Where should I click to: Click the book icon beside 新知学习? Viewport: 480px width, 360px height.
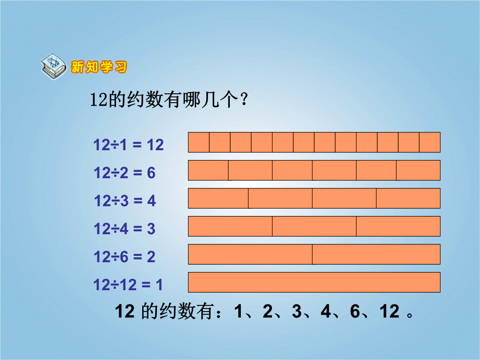(54, 66)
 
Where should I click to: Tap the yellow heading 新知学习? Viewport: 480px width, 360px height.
(99, 67)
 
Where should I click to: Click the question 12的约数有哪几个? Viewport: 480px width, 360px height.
(169, 100)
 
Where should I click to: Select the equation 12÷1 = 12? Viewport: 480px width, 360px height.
(128, 145)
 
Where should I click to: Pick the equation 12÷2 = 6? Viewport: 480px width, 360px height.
(124, 173)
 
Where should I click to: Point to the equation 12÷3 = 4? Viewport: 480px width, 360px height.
(125, 201)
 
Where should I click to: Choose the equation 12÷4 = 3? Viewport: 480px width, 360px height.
(124, 229)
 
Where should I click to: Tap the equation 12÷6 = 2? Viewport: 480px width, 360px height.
(124, 257)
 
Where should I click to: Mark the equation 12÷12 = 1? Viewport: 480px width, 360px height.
(128, 285)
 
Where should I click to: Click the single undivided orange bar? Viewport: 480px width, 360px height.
(314, 282)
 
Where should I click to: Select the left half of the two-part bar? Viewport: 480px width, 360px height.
(250, 254)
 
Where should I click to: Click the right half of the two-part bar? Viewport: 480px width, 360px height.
(376, 254)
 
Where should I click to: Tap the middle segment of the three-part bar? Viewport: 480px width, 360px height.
(314, 226)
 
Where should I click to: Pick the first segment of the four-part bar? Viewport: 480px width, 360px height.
(218, 198)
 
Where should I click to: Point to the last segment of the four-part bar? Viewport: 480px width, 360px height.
(408, 198)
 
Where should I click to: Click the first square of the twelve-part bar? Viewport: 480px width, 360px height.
(199, 142)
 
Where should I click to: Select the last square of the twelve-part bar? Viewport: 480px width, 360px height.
(430, 142)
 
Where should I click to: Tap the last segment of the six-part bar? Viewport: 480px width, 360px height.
(419, 170)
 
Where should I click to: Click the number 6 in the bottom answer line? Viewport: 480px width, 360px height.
(355, 311)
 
